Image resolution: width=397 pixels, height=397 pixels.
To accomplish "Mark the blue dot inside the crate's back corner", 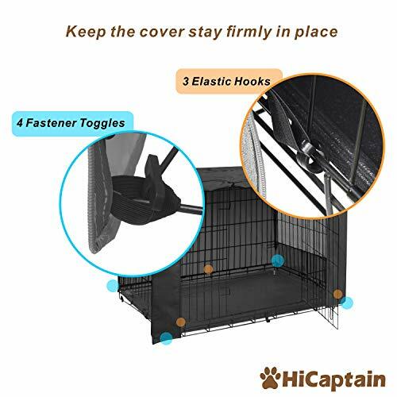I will pyautogui.click(x=277, y=260).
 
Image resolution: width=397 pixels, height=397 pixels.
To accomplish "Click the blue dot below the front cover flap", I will pyautogui.click(x=166, y=337).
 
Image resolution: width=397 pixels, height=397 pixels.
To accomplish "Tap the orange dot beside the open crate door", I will pyautogui.click(x=338, y=295).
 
